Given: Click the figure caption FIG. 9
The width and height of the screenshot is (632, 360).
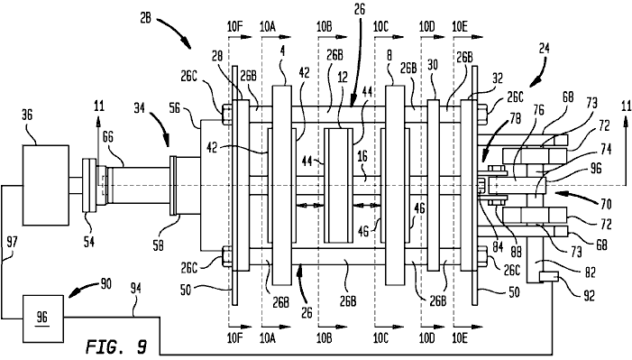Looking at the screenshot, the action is pos(116,347).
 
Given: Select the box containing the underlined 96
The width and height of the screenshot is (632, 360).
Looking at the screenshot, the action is pos(42,318).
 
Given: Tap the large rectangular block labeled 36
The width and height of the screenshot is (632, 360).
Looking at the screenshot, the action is pos(45,185).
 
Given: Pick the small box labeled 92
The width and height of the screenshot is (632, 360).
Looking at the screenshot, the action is pos(548,277).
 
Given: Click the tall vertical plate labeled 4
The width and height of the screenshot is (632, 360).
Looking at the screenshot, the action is pos(281,185).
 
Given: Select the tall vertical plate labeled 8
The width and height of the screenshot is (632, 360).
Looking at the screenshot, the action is pos(395,185).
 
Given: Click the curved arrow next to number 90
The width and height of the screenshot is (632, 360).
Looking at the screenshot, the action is pos(80,291).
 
